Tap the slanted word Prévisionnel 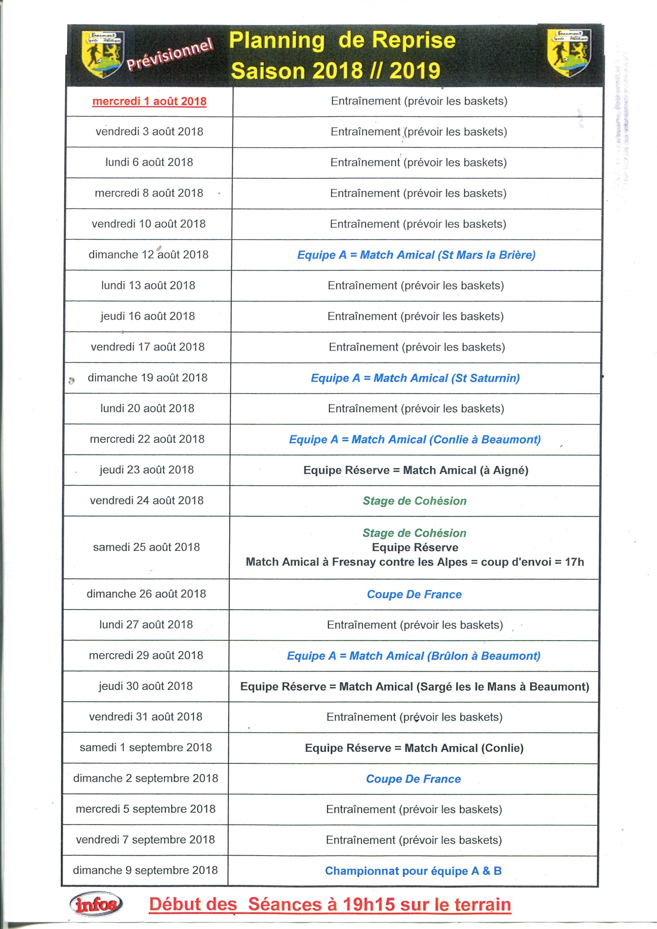170,55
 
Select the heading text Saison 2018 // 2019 335,71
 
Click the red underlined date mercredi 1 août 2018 149,101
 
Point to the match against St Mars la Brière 416,255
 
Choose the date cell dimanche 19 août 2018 148,377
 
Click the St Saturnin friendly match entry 415,378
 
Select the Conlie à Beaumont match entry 415,439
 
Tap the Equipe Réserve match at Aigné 416,470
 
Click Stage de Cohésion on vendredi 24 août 415,501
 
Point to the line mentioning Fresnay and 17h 415,562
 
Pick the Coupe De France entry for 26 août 414,595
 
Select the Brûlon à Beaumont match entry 414,656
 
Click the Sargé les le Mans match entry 415,687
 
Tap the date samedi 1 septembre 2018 146,747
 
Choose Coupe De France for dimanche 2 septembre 414,779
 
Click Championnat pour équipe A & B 414,871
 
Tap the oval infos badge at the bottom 97,904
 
